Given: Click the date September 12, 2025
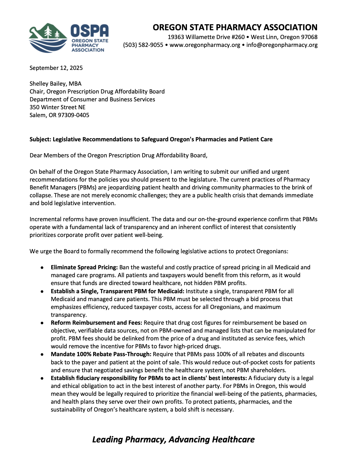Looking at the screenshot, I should [x=56, y=68].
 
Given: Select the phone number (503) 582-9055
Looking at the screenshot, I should [x=143, y=45].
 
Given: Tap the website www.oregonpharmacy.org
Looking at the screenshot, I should [x=205, y=45].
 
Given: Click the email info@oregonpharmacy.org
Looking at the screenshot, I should [x=282, y=45].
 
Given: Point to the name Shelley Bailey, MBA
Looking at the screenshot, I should [x=55, y=84].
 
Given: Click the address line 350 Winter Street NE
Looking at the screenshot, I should [x=57, y=107].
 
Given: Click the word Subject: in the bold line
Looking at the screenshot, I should [x=40, y=139].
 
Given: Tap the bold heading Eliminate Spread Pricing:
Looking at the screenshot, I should [x=84, y=267].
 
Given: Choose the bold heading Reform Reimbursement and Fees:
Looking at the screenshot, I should [x=96, y=323].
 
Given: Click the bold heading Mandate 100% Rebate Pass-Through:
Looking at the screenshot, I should [x=101, y=354].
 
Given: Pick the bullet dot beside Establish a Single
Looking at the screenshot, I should [x=42, y=291].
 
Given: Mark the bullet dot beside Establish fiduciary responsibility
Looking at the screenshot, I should [x=42, y=378].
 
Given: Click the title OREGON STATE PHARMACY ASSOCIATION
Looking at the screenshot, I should [x=235, y=28].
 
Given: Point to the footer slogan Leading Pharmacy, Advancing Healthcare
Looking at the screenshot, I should [x=173, y=439].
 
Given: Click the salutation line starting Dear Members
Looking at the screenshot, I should [x=118, y=155].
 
